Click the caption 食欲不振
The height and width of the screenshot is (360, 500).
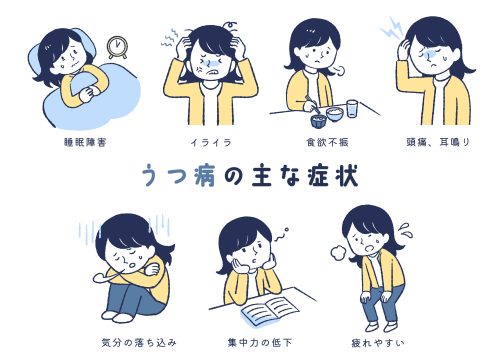pos(326,141)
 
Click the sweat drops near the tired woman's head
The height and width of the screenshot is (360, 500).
pos(408,229)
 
